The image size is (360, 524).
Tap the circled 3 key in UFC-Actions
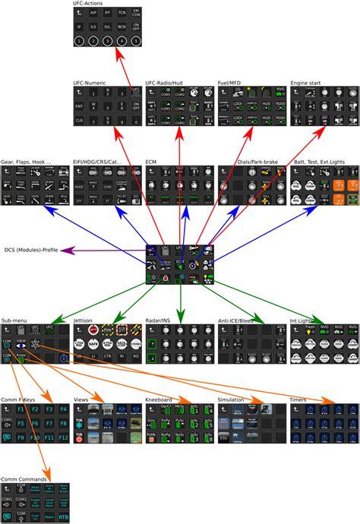pos(107,40)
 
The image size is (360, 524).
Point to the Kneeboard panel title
pos(159,398)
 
